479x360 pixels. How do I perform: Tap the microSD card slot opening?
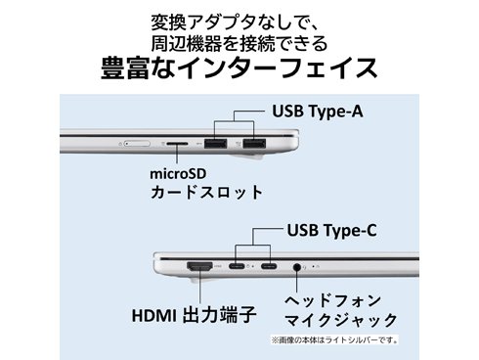[x=177, y=145]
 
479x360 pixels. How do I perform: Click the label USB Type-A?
[x=318, y=111]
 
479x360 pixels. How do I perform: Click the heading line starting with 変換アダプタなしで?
[x=239, y=20]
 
